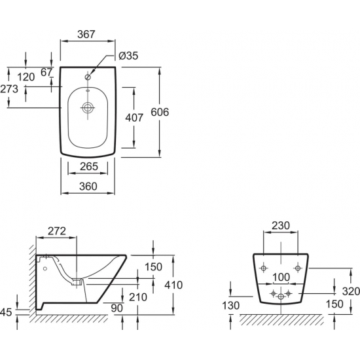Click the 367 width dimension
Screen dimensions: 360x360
(86, 34)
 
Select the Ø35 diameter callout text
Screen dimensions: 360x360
(128, 56)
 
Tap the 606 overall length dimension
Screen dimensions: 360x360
(160, 112)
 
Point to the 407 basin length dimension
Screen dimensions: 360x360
(134, 118)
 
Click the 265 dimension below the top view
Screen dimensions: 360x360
(89, 166)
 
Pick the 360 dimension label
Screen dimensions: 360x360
(88, 186)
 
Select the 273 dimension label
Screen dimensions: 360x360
(9, 89)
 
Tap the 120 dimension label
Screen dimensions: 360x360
(26, 77)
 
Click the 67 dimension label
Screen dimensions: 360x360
(46, 72)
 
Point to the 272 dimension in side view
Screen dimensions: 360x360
(57, 231)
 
